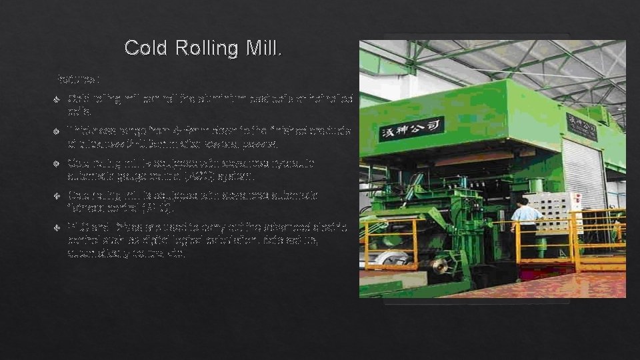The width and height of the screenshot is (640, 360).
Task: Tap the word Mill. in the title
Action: tap(264, 49)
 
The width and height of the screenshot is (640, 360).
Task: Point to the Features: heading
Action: tap(79, 79)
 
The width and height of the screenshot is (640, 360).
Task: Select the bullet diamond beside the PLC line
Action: tap(57, 227)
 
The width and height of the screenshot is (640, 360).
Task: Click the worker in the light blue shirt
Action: tap(526, 220)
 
